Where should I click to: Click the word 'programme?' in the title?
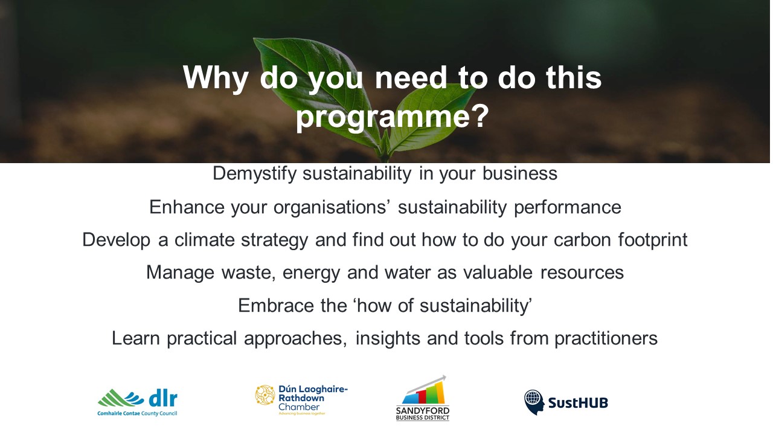(x=393, y=117)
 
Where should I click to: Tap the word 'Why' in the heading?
(x=216, y=79)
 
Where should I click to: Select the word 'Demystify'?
(x=255, y=173)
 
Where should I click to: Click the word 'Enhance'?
(x=187, y=207)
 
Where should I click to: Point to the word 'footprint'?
(x=653, y=240)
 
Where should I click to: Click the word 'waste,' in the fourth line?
(x=249, y=272)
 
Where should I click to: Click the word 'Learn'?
(x=136, y=338)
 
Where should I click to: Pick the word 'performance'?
(x=568, y=207)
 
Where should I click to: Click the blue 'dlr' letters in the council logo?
(x=163, y=399)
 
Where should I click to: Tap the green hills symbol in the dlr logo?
(x=121, y=398)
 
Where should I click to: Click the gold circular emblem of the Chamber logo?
(x=265, y=395)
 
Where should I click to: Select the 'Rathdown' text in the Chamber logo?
(x=301, y=398)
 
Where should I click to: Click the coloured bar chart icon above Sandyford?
(x=423, y=393)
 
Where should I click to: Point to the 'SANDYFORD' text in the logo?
(x=423, y=411)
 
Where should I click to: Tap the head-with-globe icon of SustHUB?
(x=534, y=402)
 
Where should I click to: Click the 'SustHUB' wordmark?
(x=578, y=403)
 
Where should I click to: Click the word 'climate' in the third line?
(x=205, y=240)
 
